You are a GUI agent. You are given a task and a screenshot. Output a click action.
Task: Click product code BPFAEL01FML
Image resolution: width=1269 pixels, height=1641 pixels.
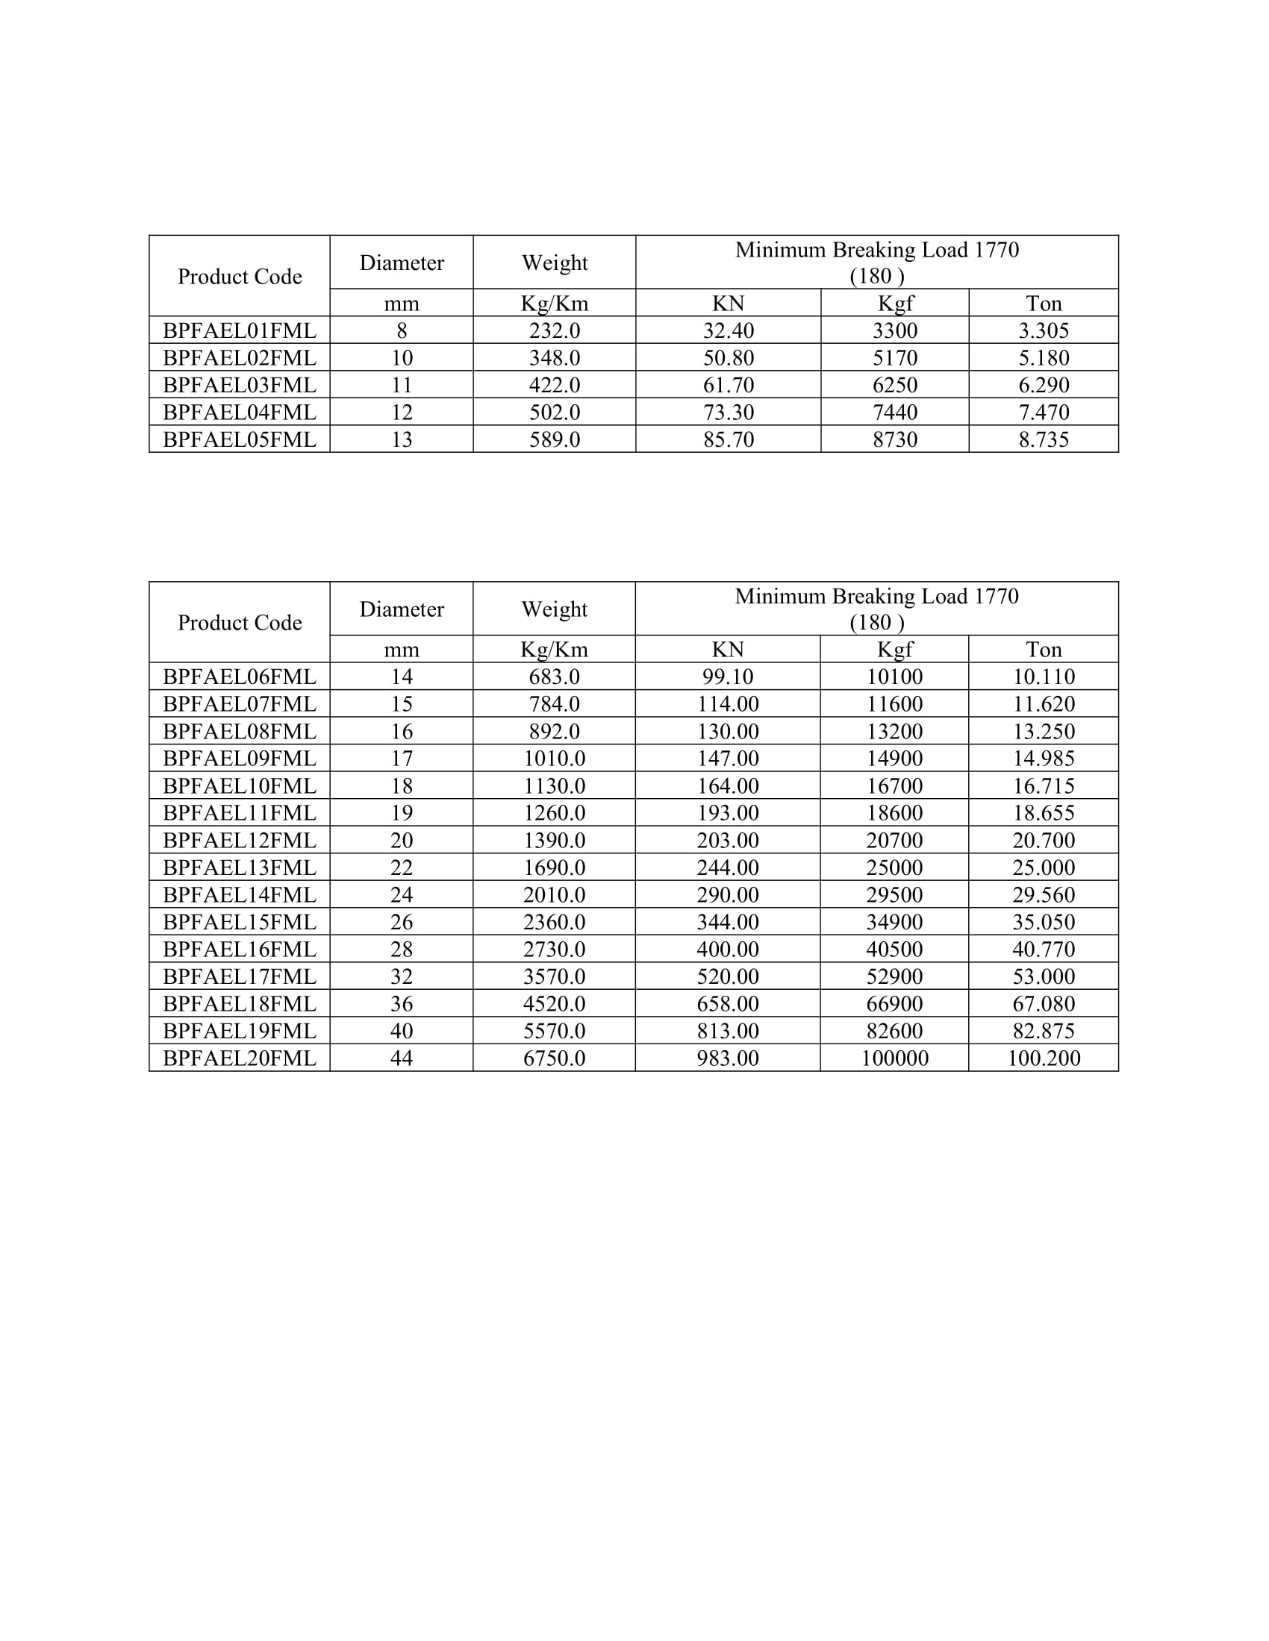click(x=239, y=330)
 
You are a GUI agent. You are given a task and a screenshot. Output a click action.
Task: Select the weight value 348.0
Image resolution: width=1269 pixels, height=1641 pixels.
click(x=554, y=357)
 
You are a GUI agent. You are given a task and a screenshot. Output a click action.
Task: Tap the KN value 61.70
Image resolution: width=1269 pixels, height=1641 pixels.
click(x=728, y=385)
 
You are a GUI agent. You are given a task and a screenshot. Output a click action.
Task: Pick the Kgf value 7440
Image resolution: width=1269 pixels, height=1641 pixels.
click(x=894, y=412)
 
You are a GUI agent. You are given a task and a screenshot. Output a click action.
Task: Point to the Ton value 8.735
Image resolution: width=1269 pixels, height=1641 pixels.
click(x=1044, y=439)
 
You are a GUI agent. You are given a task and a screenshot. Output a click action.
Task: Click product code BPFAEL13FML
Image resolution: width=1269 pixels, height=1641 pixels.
click(x=239, y=867)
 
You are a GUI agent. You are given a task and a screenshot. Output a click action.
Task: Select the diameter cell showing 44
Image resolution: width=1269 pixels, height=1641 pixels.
click(x=402, y=1058)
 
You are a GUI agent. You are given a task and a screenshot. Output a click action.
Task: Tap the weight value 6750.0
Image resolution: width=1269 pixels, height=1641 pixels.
click(x=554, y=1058)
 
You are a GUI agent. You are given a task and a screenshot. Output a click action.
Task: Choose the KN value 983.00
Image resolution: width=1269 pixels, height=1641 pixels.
click(x=728, y=1058)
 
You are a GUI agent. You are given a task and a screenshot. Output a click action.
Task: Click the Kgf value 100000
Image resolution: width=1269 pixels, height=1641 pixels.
click(x=894, y=1058)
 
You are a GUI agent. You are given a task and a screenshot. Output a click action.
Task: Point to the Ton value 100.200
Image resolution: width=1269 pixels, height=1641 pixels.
click(x=1044, y=1058)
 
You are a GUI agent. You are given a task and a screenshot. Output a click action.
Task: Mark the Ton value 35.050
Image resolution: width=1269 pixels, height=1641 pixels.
click(x=1044, y=922)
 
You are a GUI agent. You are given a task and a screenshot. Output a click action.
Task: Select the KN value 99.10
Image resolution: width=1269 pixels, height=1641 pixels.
click(x=728, y=677)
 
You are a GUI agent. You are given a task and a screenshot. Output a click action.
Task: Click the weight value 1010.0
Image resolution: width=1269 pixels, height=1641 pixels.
click(x=554, y=758)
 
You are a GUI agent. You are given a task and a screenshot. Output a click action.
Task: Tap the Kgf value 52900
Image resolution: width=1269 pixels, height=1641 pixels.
click(x=894, y=976)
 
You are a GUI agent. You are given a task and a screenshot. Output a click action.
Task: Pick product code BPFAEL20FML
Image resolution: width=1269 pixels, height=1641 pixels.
click(x=239, y=1058)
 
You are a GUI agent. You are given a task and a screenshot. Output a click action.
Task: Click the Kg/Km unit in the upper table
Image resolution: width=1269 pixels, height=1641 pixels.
click(x=554, y=304)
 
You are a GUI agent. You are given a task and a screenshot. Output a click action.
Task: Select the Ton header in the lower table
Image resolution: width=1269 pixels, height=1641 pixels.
click(x=1044, y=649)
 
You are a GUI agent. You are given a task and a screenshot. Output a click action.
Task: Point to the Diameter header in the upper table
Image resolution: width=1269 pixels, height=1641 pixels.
click(x=402, y=263)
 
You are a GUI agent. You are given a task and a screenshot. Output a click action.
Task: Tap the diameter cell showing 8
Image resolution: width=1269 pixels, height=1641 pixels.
click(x=402, y=330)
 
